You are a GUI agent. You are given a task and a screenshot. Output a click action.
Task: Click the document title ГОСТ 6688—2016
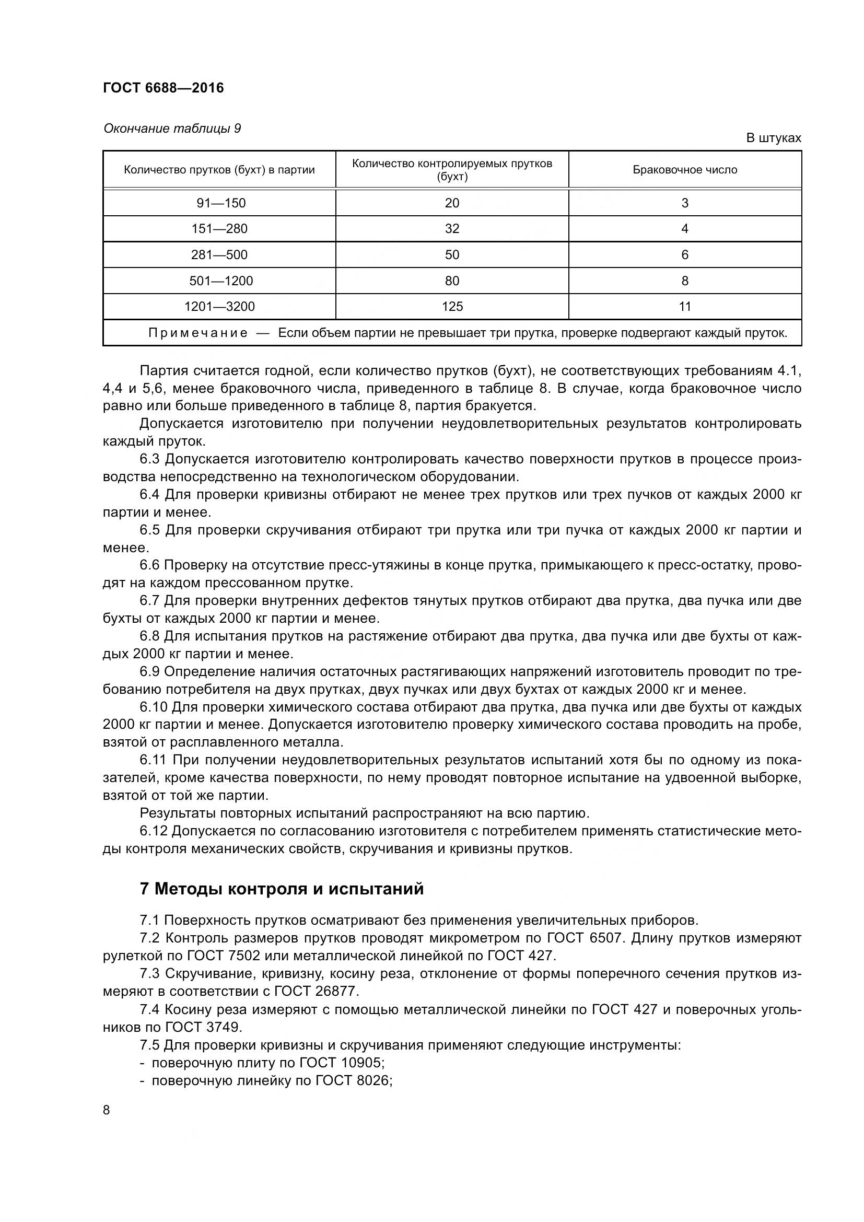164,88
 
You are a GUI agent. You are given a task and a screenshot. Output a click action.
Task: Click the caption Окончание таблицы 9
172,129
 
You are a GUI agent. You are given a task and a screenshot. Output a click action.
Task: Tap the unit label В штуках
773,138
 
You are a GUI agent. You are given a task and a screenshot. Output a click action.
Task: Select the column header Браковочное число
685,170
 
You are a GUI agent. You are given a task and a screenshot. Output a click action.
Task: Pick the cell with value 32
452,229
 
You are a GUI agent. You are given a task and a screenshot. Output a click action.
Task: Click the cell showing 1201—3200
219,307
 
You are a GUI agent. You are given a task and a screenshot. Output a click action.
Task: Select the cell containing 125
452,307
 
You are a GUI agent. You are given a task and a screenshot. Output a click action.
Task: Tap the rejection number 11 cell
685,307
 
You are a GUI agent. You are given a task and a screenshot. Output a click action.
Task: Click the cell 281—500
219,255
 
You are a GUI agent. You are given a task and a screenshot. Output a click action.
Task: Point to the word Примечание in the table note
198,333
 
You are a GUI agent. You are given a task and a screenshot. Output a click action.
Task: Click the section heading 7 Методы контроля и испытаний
282,889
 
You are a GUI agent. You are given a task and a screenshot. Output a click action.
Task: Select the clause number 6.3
149,459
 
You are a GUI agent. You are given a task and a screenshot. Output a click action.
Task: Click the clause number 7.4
149,1010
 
